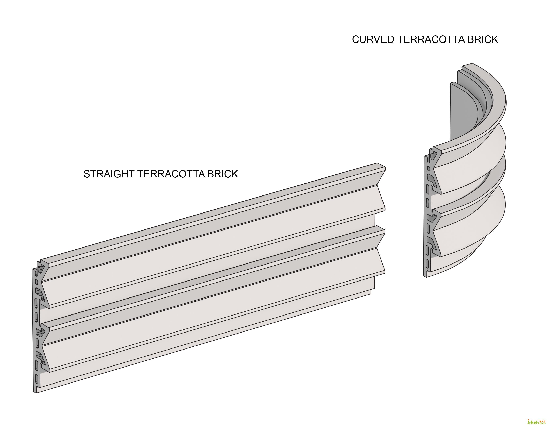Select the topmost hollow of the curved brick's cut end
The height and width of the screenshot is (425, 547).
(x=433, y=157)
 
